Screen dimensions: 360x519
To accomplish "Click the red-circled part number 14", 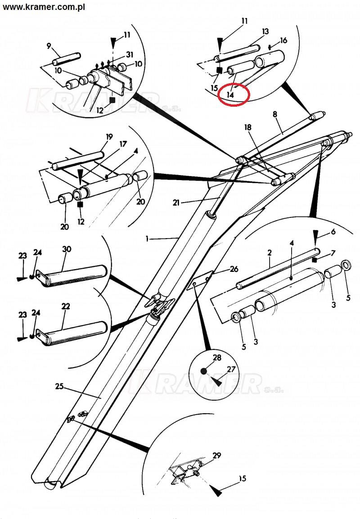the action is (x=230, y=95).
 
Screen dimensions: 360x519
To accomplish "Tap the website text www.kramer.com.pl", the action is (x=44, y=7).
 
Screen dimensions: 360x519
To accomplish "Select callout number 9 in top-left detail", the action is (x=49, y=45).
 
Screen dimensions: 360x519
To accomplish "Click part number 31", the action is (x=130, y=54).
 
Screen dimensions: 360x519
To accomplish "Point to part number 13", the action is (x=265, y=32).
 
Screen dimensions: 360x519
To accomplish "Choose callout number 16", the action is (x=283, y=41).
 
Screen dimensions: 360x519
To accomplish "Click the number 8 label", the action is (x=275, y=114).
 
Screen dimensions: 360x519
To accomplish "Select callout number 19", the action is (x=109, y=136).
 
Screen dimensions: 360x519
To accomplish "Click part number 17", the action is (x=123, y=144).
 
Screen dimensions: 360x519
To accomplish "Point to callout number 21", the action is (x=176, y=202).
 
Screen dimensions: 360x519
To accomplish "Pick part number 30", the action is (x=67, y=249).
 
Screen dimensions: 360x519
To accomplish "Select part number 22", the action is (x=66, y=306).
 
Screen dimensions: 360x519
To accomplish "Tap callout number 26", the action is (x=234, y=269).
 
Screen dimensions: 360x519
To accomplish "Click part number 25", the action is (x=59, y=386).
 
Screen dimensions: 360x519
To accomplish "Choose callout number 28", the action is (x=217, y=357).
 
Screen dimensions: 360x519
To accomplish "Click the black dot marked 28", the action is (x=203, y=371).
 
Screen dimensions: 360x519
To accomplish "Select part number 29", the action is (x=217, y=456).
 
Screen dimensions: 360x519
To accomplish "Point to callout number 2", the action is (x=270, y=253).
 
